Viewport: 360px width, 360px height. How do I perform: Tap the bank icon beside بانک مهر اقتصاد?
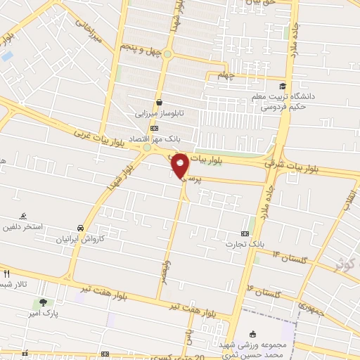155,128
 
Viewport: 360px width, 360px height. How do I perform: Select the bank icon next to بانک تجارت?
245,233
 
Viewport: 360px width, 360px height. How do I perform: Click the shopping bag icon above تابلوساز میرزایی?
160,101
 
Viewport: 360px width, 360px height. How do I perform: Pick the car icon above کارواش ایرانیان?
82,228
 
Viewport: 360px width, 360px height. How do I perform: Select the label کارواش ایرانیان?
82,239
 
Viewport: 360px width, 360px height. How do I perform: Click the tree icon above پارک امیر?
43,302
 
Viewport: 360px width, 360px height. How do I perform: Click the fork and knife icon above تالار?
6,274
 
